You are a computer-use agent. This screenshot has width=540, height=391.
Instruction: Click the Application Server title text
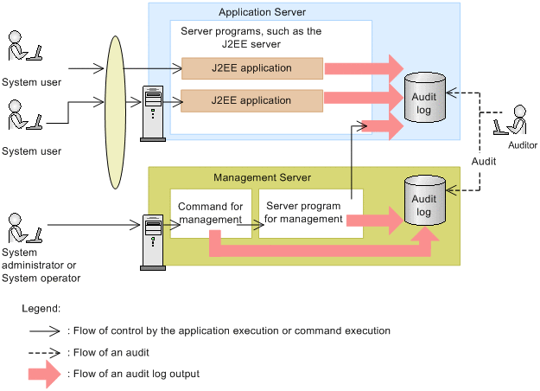tap(262, 12)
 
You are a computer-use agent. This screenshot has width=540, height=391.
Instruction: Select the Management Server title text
tap(262, 177)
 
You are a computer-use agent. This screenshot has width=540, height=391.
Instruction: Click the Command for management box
tap(210, 213)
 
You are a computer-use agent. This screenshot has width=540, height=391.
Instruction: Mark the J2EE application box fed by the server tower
tap(252, 100)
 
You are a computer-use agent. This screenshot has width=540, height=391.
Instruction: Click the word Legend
tap(41, 308)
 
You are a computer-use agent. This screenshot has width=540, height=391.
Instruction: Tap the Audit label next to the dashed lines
tap(484, 162)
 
